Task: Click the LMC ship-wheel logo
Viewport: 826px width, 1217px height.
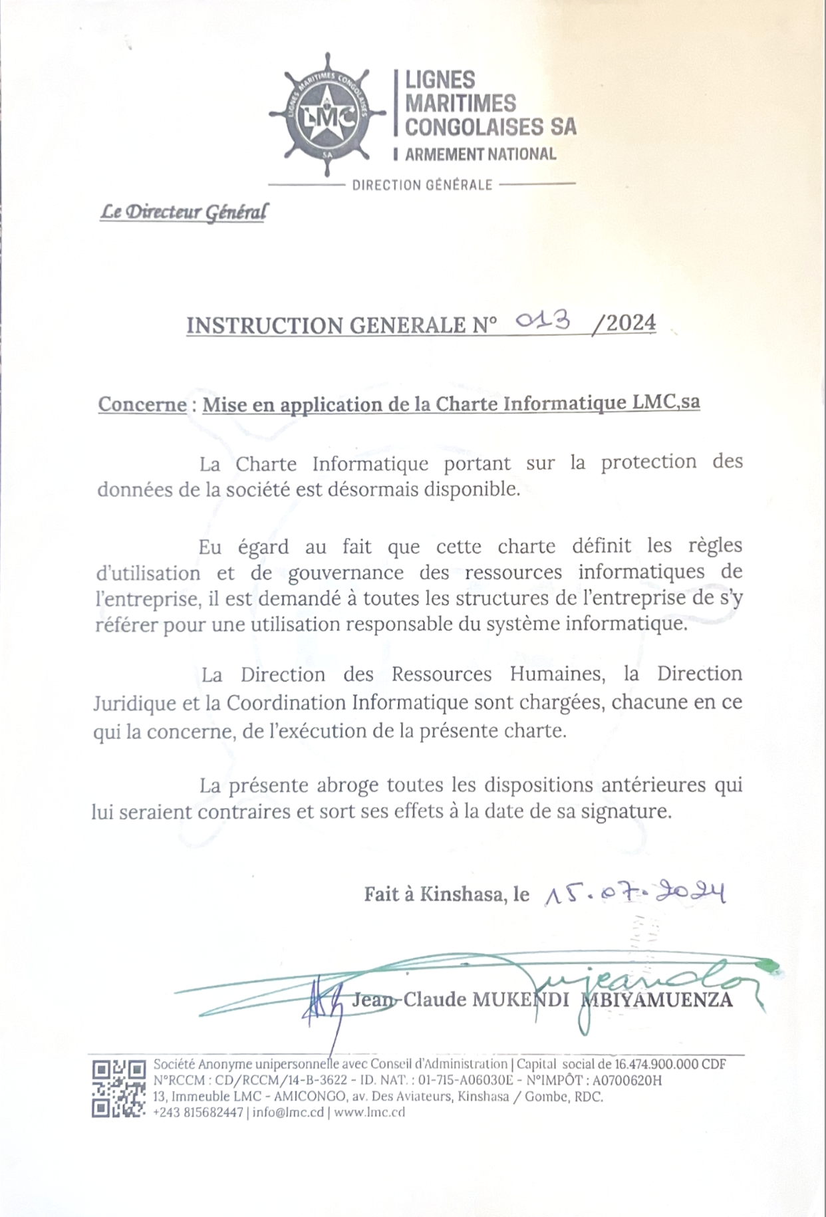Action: pos(327,115)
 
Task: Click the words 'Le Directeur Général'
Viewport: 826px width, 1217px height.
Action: pos(184,213)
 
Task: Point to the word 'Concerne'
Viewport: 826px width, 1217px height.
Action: pos(142,404)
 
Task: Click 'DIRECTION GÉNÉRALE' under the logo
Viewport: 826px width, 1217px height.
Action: pos(422,185)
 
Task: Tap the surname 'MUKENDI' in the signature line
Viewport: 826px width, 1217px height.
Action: pos(520,1000)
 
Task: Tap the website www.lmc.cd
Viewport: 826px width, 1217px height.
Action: pos(370,1113)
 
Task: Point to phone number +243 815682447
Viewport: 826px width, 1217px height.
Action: pos(198,1113)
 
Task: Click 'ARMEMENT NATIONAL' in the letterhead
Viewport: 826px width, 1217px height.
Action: pos(480,154)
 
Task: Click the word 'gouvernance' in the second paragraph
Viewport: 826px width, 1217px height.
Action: pos(346,573)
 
